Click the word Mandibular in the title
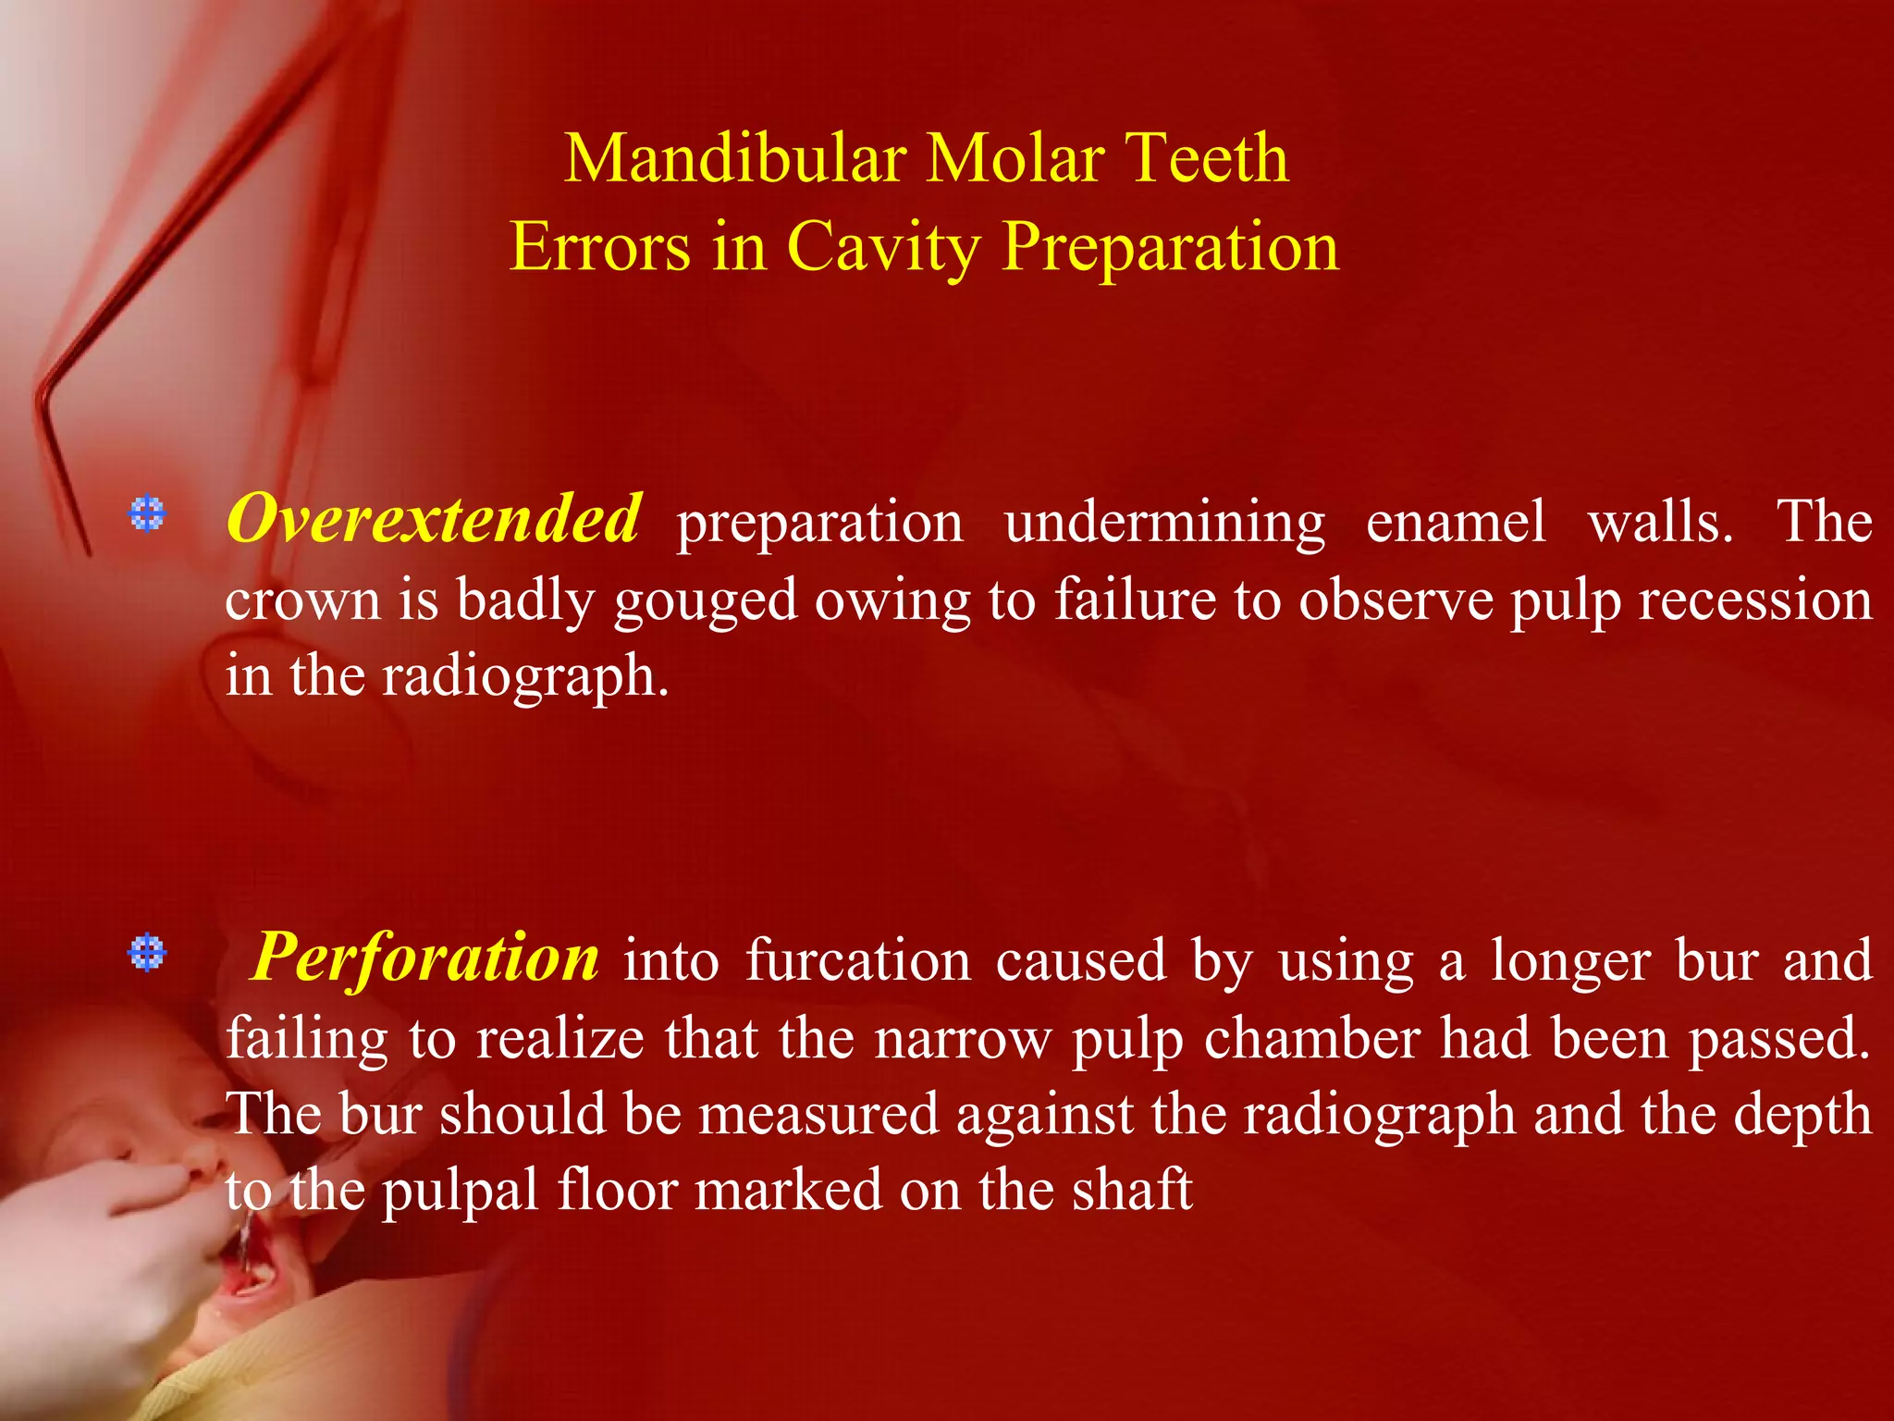[x=735, y=159]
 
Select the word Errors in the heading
[x=599, y=247]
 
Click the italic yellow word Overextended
[x=433, y=519]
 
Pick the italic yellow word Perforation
[x=425, y=958]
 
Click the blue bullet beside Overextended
[x=147, y=513]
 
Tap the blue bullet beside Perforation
[x=147, y=952]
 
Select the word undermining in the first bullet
[x=1164, y=523]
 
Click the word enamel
[x=1456, y=523]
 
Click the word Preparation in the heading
[x=1170, y=247]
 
